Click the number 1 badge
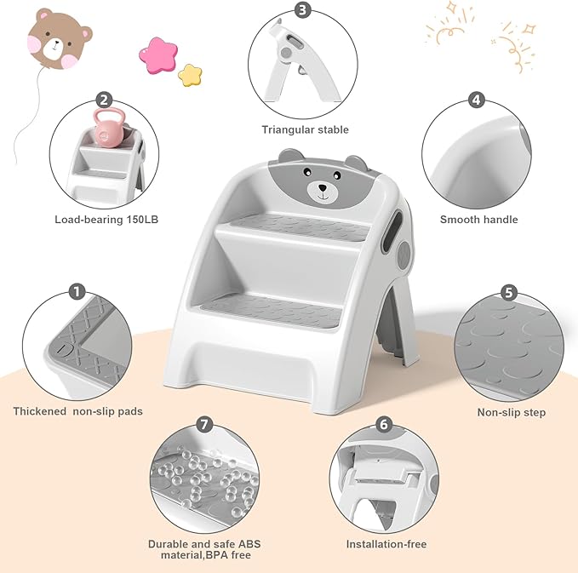click(x=77, y=293)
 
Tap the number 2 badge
click(x=104, y=100)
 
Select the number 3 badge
click(x=303, y=11)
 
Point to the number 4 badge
click(x=476, y=100)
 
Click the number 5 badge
click(x=509, y=293)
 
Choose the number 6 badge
click(x=384, y=424)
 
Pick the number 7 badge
click(x=203, y=424)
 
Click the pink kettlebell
click(x=109, y=131)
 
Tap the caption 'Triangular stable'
click(x=305, y=130)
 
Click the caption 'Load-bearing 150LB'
click(x=106, y=220)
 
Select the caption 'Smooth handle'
click(x=478, y=220)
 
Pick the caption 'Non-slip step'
click(x=512, y=413)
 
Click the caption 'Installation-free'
click(x=386, y=544)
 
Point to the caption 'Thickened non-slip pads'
click(x=77, y=411)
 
